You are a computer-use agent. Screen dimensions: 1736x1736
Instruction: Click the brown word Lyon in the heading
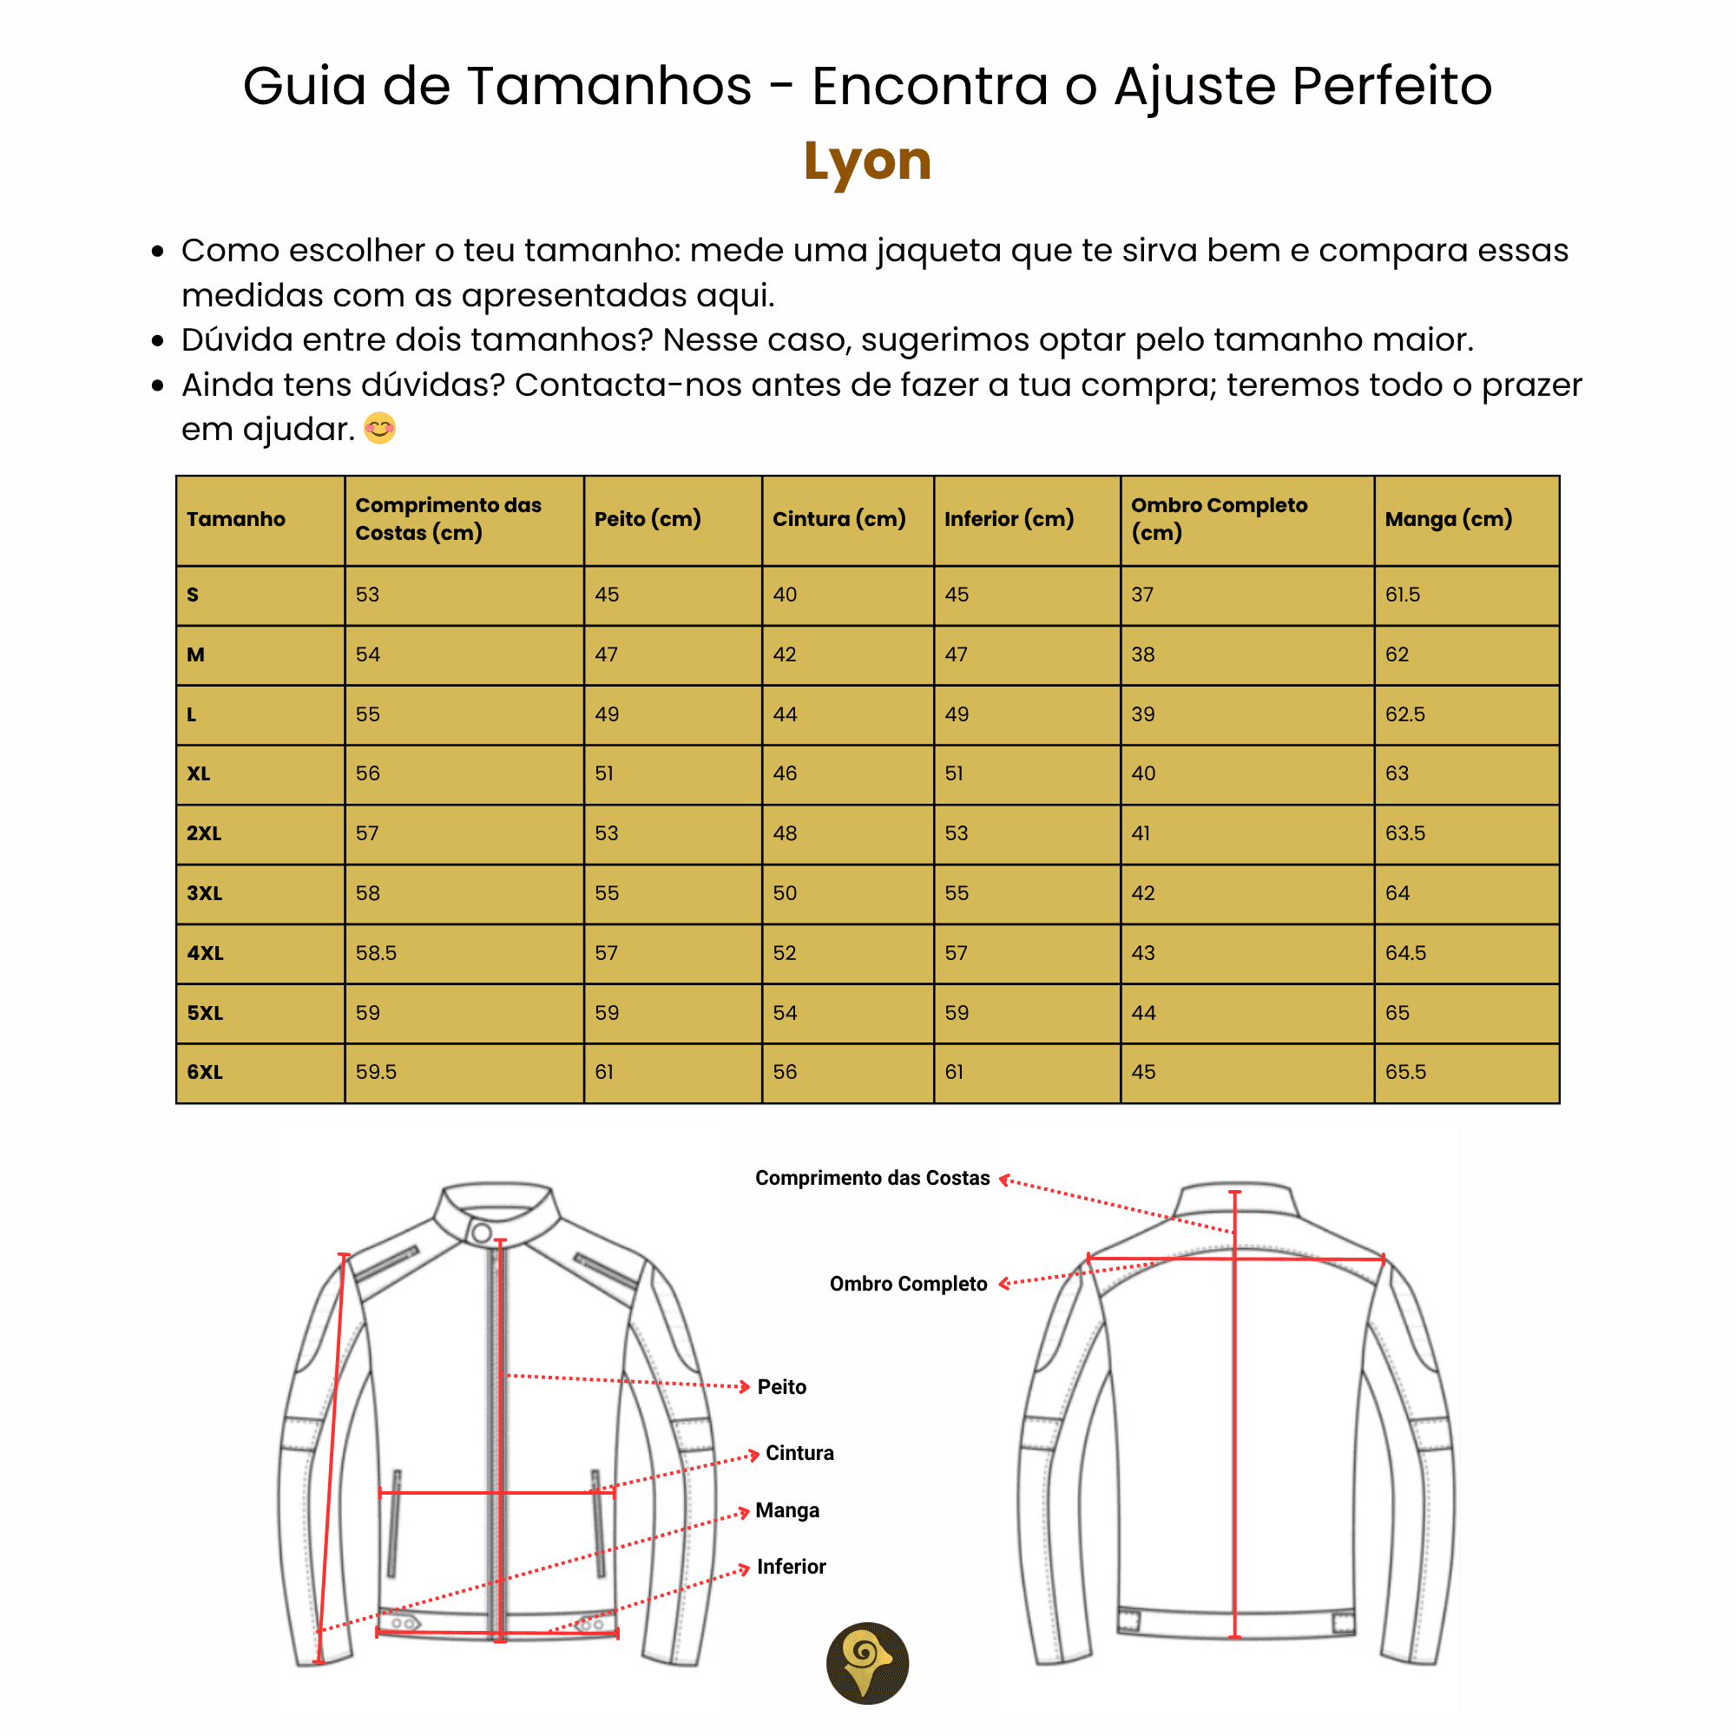867,161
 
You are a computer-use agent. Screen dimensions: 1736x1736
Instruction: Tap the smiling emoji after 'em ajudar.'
380,429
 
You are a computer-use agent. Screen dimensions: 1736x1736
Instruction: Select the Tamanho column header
236,519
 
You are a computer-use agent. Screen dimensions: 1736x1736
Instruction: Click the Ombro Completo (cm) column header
1219,518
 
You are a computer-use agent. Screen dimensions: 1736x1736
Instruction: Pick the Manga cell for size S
1403,595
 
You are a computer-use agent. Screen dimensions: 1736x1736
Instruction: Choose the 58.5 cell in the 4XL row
376,953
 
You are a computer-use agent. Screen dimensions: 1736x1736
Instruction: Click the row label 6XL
205,1072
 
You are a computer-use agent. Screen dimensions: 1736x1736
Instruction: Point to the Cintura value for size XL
785,773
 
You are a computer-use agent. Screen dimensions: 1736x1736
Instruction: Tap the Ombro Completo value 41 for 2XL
1141,834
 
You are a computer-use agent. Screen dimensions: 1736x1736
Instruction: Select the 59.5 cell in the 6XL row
376,1072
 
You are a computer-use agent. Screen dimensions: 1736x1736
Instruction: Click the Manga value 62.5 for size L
1405,714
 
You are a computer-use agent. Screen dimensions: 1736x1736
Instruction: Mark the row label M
196,655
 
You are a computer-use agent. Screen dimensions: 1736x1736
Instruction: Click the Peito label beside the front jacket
782,1387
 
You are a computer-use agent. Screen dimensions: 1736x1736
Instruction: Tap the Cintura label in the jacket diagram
799,1453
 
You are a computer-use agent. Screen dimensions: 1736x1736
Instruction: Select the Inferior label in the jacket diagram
791,1567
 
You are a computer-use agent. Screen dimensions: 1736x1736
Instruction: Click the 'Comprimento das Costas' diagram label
871,1178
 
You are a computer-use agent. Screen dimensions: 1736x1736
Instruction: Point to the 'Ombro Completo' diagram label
908,1284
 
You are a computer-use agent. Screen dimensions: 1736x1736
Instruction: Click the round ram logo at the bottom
867,1663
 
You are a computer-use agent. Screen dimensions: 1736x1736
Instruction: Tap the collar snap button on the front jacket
482,1233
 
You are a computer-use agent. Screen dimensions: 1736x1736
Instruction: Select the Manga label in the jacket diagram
787,1510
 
